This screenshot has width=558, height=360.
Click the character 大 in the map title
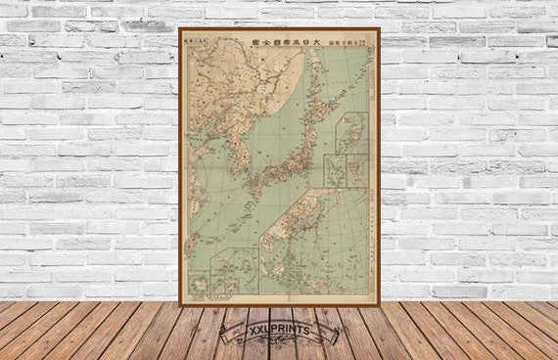pos(317,42)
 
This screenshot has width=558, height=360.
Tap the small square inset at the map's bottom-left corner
pos(199,284)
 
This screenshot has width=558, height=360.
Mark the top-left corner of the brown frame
pos(180,29)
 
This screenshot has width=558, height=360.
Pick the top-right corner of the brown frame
pos(379,29)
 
